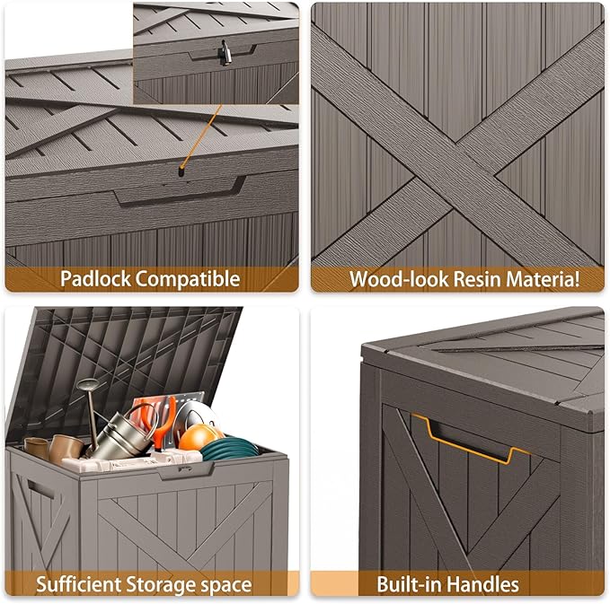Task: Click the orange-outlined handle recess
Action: [x=472, y=440]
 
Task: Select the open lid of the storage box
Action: [x=126, y=359]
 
